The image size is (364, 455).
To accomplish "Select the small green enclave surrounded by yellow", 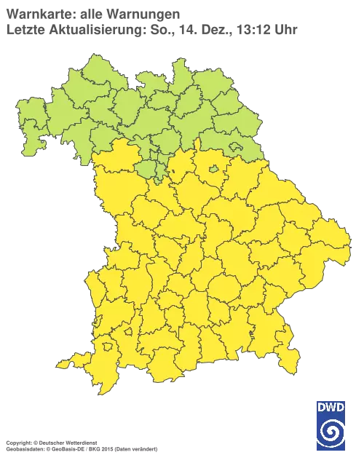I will (x=215, y=170).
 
